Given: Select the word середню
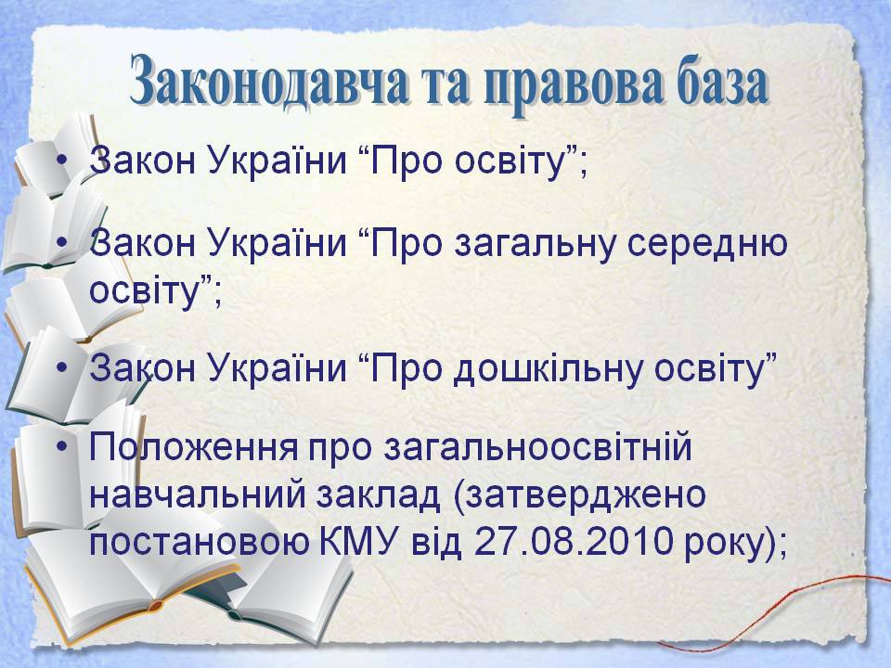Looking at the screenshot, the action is point(708,245).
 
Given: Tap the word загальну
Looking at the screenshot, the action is point(535,245).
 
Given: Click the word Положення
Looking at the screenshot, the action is point(193,446).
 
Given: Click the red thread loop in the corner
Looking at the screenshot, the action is point(785,614).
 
